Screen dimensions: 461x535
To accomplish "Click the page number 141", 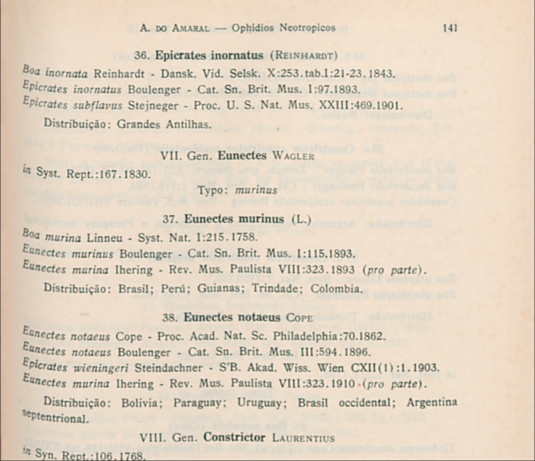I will pyautogui.click(x=450, y=28).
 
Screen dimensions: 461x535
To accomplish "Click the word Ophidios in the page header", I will pyautogui.click(x=253, y=28).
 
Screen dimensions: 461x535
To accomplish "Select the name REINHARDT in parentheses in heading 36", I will pyautogui.click(x=307, y=55).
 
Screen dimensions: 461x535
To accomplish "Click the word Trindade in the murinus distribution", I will pyautogui.click(x=279, y=289).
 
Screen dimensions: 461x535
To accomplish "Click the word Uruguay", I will pyautogui.click(x=262, y=403).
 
